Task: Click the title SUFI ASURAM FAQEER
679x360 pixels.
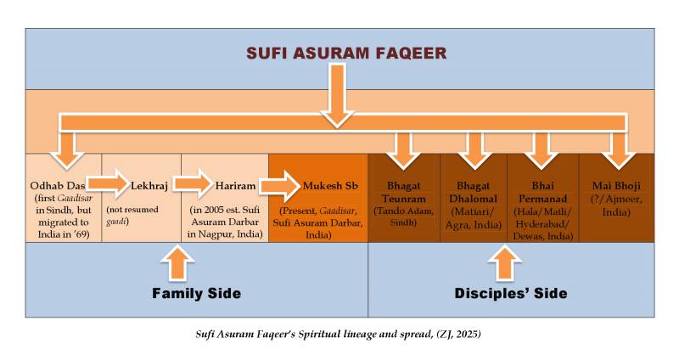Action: pyautogui.click(x=339, y=53)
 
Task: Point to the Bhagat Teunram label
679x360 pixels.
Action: pyautogui.click(x=402, y=189)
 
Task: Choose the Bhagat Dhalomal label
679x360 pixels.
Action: pyautogui.click(x=473, y=189)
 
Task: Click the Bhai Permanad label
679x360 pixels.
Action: pyautogui.click(x=542, y=189)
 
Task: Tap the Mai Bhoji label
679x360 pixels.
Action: pyautogui.click(x=616, y=183)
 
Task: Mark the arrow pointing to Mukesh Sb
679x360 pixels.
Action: pyautogui.click(x=279, y=183)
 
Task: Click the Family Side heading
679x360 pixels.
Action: pyautogui.click(x=197, y=294)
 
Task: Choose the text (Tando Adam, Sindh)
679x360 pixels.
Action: pyautogui.click(x=402, y=216)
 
